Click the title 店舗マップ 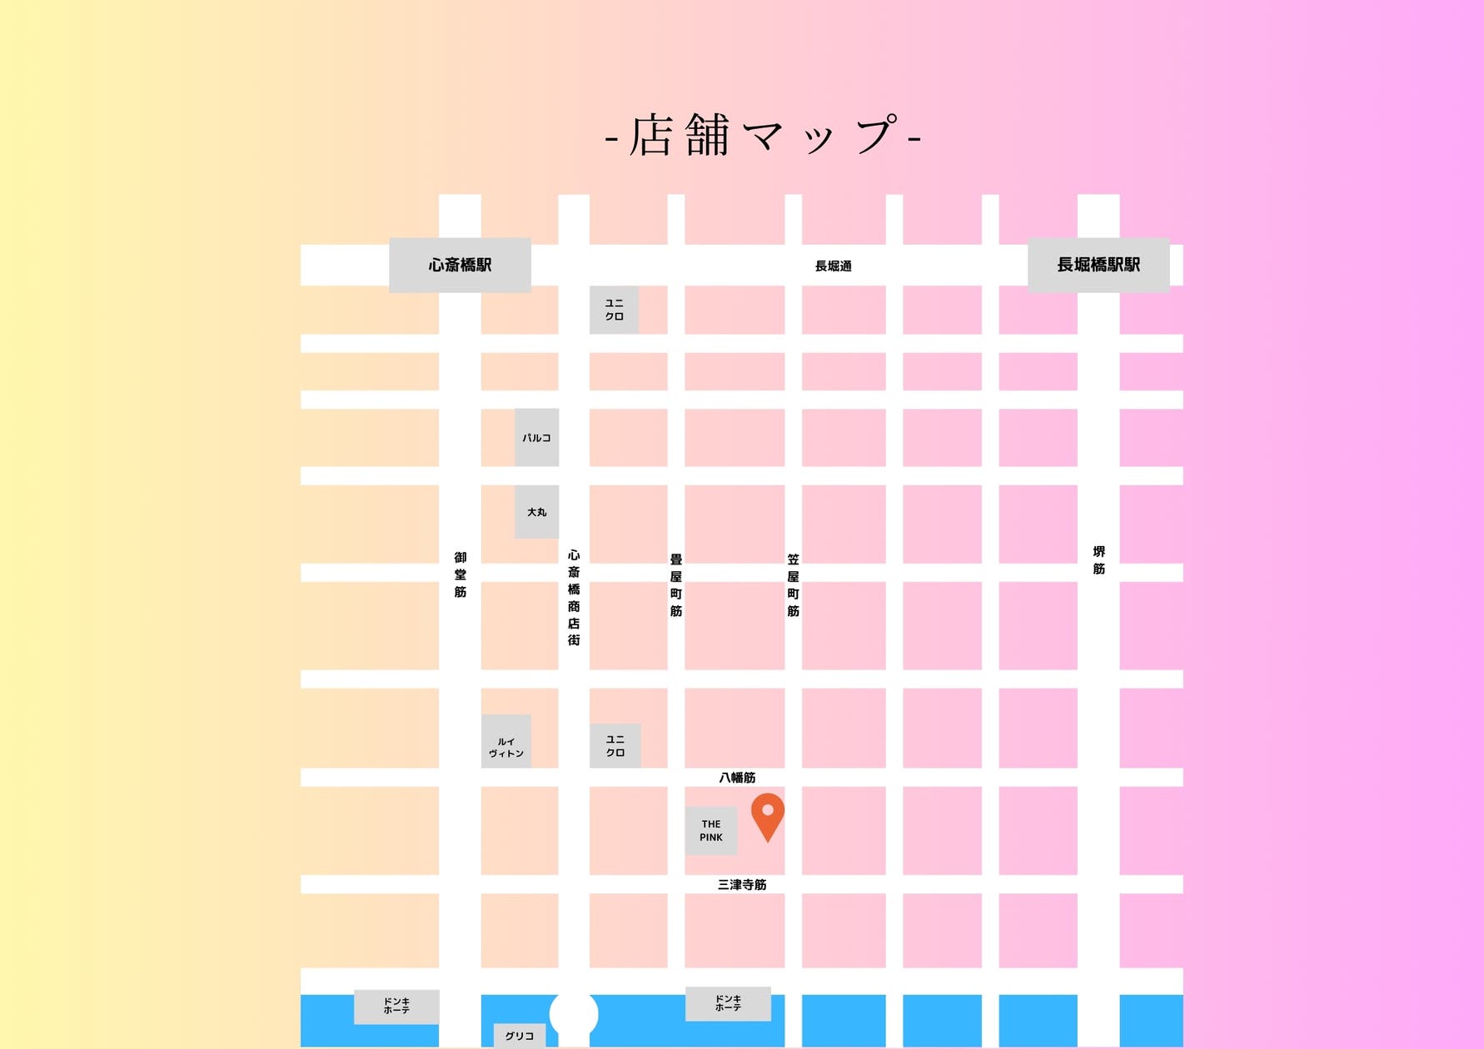(x=763, y=136)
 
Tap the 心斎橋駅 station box (x=460, y=265)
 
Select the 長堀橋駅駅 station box (x=1098, y=265)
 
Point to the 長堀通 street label (x=833, y=266)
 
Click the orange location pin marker (x=767, y=815)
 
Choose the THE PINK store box (x=711, y=831)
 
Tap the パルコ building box (x=536, y=438)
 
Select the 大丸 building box (x=536, y=512)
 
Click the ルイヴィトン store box (x=506, y=742)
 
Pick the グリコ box (x=520, y=1036)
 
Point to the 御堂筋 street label (x=461, y=574)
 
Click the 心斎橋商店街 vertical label (x=574, y=598)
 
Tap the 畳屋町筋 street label (x=676, y=585)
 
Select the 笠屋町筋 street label (x=793, y=585)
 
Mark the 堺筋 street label (x=1099, y=560)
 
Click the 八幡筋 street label (x=737, y=778)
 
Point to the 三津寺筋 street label (x=742, y=885)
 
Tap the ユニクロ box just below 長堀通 (x=615, y=310)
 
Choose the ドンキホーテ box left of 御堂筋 (x=396, y=1007)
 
